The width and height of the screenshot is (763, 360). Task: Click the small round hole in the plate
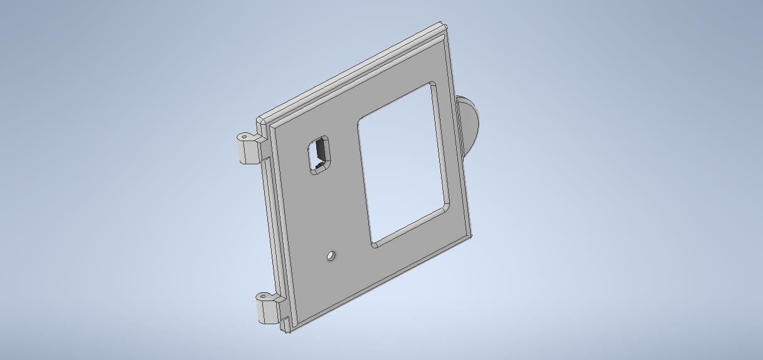pos(331,256)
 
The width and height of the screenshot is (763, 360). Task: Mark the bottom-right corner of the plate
pos(471,236)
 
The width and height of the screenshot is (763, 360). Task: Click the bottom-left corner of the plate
pos(287,331)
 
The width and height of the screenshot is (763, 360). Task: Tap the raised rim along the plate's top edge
pos(351,75)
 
